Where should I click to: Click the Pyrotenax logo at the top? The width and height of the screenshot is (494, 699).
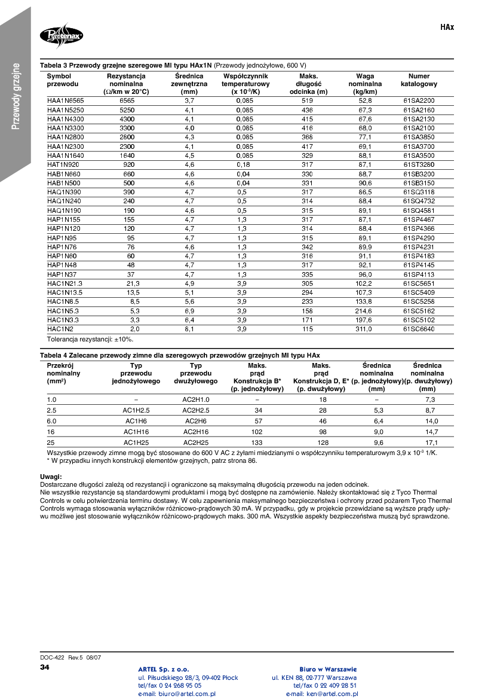pos(62,36)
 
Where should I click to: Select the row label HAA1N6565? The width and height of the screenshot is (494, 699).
pos(66,100)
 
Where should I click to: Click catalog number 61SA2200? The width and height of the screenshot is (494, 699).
pos(419,100)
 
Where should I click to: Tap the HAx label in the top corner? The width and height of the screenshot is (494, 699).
pos(447,28)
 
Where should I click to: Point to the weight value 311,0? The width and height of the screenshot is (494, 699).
pos(364,329)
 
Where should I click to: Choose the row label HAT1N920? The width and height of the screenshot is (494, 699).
pos(63,164)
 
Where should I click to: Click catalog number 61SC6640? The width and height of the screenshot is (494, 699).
pos(419,329)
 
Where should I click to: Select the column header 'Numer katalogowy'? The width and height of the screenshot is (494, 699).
pos(419,80)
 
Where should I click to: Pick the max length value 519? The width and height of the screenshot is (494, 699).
pos(308,100)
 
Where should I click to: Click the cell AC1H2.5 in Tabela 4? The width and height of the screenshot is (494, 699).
pos(136,410)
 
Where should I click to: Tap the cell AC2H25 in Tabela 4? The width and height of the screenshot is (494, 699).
pos(196,442)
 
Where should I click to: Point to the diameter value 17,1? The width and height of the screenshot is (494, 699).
pos(431,442)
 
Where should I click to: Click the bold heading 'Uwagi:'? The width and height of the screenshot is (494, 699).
pos(50,477)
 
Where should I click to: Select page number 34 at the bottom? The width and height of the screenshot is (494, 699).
pos(45,667)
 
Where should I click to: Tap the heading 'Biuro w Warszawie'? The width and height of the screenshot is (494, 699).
pos(328,669)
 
